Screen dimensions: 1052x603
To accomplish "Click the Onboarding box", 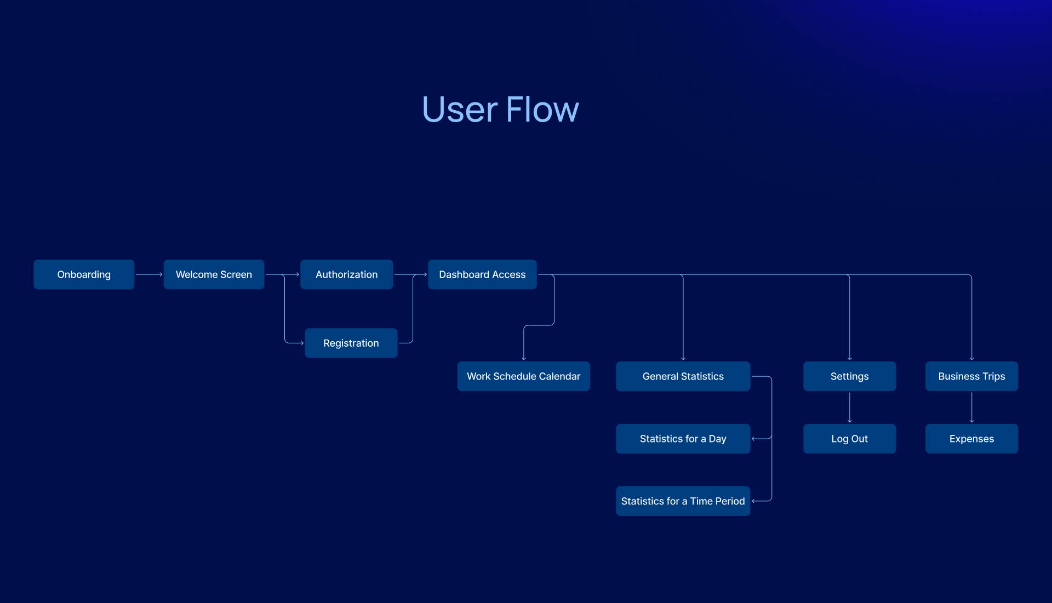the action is point(84,274).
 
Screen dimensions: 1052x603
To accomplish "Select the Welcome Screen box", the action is point(214,274).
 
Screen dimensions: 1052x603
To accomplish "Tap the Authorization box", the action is point(346,274).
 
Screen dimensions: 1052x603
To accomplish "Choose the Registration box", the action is point(351,343).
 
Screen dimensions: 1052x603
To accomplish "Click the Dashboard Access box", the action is point(482,274).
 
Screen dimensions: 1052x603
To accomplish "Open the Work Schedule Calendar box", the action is point(523,376).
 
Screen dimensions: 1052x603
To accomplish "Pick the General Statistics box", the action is point(683,376).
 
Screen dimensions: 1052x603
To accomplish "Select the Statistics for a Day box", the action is point(683,439).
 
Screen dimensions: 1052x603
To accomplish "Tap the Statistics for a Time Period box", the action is point(683,501).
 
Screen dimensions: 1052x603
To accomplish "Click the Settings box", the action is point(849,376).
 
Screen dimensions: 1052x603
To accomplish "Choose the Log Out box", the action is point(849,439).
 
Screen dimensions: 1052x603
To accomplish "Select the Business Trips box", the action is point(971,376).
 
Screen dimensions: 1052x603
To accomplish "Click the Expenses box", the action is point(971,439).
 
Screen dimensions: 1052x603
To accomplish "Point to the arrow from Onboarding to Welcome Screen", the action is point(149,274).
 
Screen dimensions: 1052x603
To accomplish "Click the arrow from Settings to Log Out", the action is point(850,407).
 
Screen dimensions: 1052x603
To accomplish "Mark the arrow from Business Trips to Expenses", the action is point(972,407).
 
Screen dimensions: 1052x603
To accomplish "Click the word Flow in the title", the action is point(542,109).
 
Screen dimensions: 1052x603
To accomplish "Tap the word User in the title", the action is point(460,109).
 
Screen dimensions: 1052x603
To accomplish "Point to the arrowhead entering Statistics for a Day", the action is point(753,439).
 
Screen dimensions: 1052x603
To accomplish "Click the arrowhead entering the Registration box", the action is point(302,343).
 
